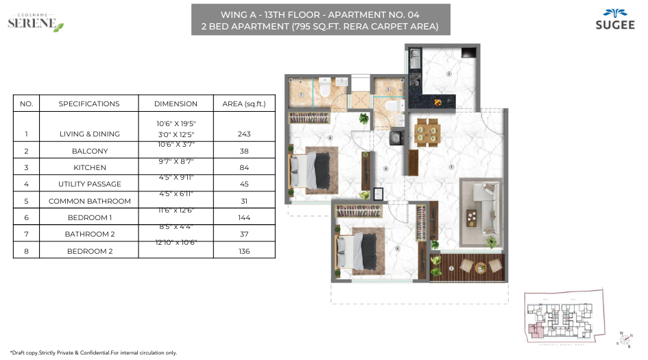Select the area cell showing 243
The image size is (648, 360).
[243, 134]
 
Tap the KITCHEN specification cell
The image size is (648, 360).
[89, 167]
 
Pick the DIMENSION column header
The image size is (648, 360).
[176, 104]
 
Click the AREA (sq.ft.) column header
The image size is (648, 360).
[243, 104]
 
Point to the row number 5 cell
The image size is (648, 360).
[26, 202]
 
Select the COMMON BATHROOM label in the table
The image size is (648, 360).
[89, 202]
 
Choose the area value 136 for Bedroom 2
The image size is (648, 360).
[243, 252]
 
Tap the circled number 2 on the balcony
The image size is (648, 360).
[451, 268]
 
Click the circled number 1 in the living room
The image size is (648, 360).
[451, 167]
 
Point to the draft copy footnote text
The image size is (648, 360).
[93, 352]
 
